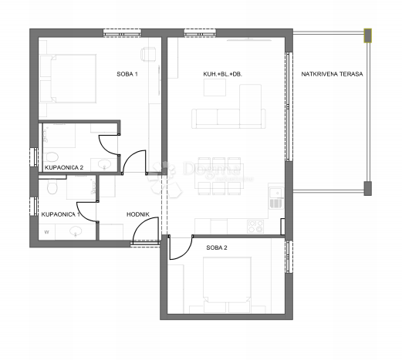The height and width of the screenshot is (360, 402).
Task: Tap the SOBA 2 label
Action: click(x=217, y=247)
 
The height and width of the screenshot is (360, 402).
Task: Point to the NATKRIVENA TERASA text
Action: click(x=328, y=74)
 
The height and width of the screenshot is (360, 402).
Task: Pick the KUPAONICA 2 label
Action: click(x=63, y=167)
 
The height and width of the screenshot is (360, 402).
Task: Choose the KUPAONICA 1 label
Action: click(x=60, y=214)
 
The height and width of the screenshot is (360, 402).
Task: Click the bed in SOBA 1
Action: click(x=70, y=78)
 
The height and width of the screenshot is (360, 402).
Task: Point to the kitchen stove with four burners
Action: click(x=254, y=227)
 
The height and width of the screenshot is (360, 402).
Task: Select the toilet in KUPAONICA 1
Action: click(x=51, y=187)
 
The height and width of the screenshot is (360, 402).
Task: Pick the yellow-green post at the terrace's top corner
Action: click(x=369, y=35)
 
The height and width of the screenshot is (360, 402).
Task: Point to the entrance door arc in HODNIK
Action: click(x=144, y=236)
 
